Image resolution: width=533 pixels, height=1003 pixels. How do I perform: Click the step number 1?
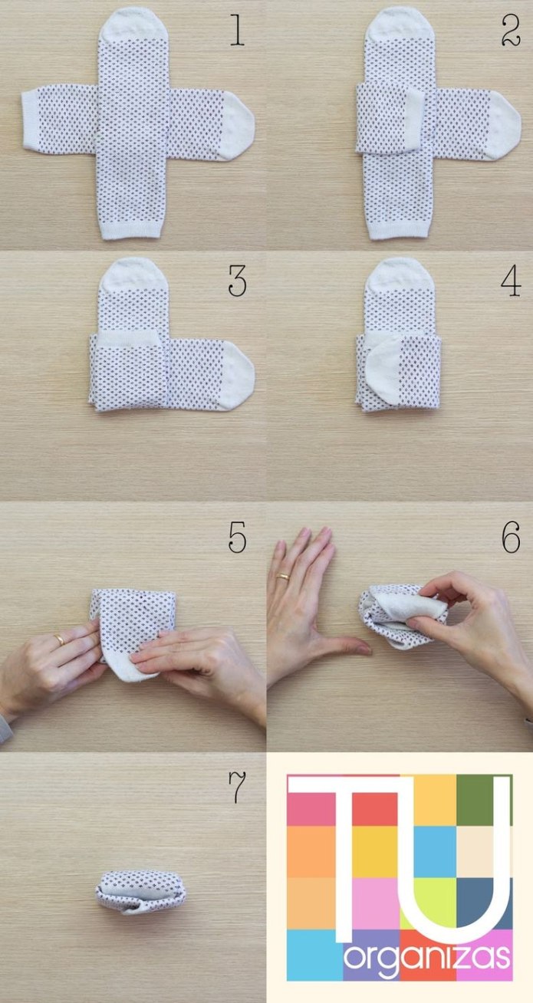[238, 31]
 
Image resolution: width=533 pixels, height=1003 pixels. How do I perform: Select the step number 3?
[238, 281]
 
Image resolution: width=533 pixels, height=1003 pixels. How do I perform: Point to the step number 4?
[511, 281]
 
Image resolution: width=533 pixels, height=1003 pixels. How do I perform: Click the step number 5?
[238, 537]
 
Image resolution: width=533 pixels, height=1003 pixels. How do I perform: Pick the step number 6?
[511, 537]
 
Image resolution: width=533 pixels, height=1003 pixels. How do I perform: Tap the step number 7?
[238, 788]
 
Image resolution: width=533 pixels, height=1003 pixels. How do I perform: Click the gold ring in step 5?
[60, 639]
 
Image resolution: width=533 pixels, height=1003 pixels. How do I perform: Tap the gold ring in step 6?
[283, 577]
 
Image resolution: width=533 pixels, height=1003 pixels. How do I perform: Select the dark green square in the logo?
[485, 800]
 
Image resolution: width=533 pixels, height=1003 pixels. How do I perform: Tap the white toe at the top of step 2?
[400, 25]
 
